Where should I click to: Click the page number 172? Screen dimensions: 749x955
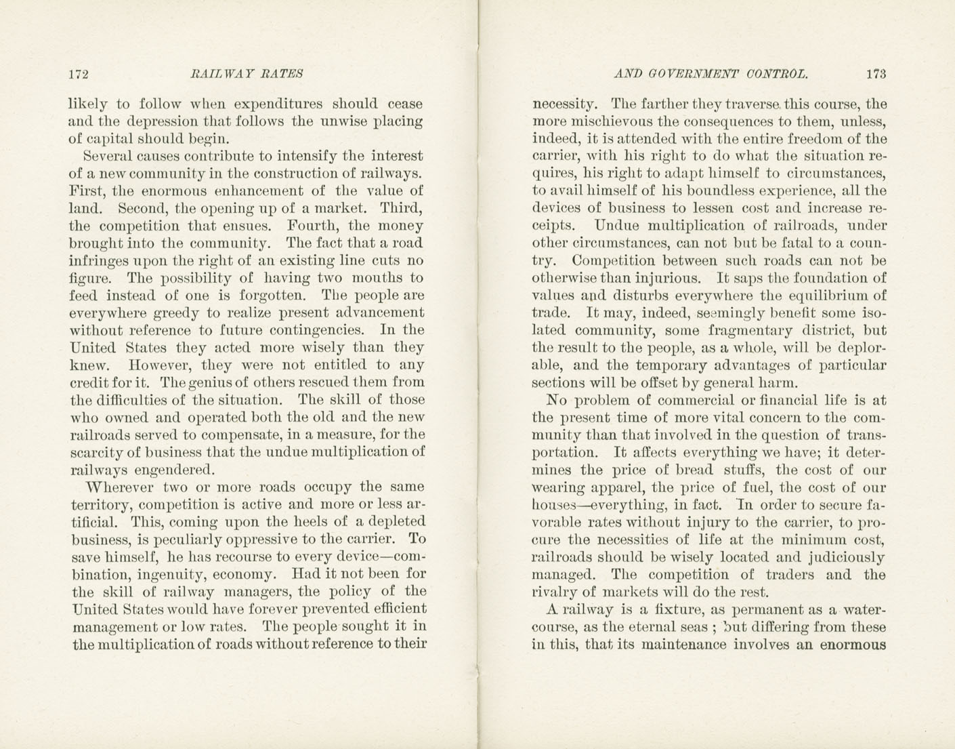pos(79,74)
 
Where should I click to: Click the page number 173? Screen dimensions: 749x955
pos(875,74)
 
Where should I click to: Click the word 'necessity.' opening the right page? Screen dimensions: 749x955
pos(566,104)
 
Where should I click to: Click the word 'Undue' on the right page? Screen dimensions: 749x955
pos(616,226)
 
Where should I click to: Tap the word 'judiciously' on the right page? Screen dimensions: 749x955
pos(847,557)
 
